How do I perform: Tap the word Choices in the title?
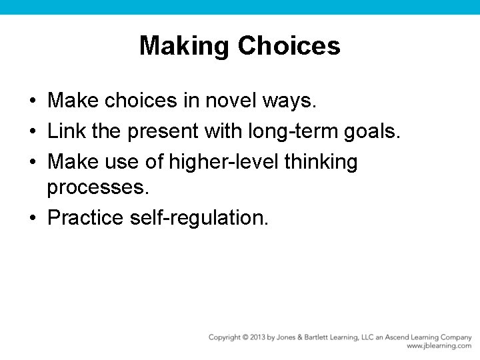[x=289, y=46]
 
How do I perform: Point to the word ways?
[x=294, y=101]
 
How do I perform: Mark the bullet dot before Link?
[x=32, y=132]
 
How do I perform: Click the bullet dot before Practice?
[x=32, y=218]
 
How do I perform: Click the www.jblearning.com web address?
[x=439, y=346]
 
